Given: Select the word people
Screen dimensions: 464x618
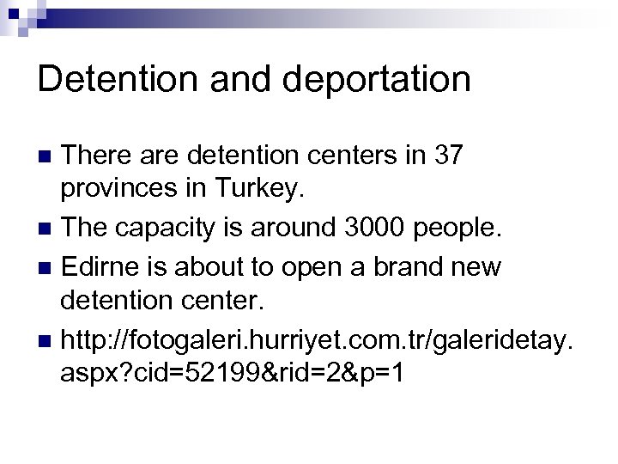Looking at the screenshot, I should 465,228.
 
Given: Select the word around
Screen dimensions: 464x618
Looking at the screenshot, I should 283,228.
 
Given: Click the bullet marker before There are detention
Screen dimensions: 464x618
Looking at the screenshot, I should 48,156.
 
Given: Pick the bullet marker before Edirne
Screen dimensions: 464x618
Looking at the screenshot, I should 48,267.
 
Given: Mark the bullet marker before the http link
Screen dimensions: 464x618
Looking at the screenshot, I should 48,342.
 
